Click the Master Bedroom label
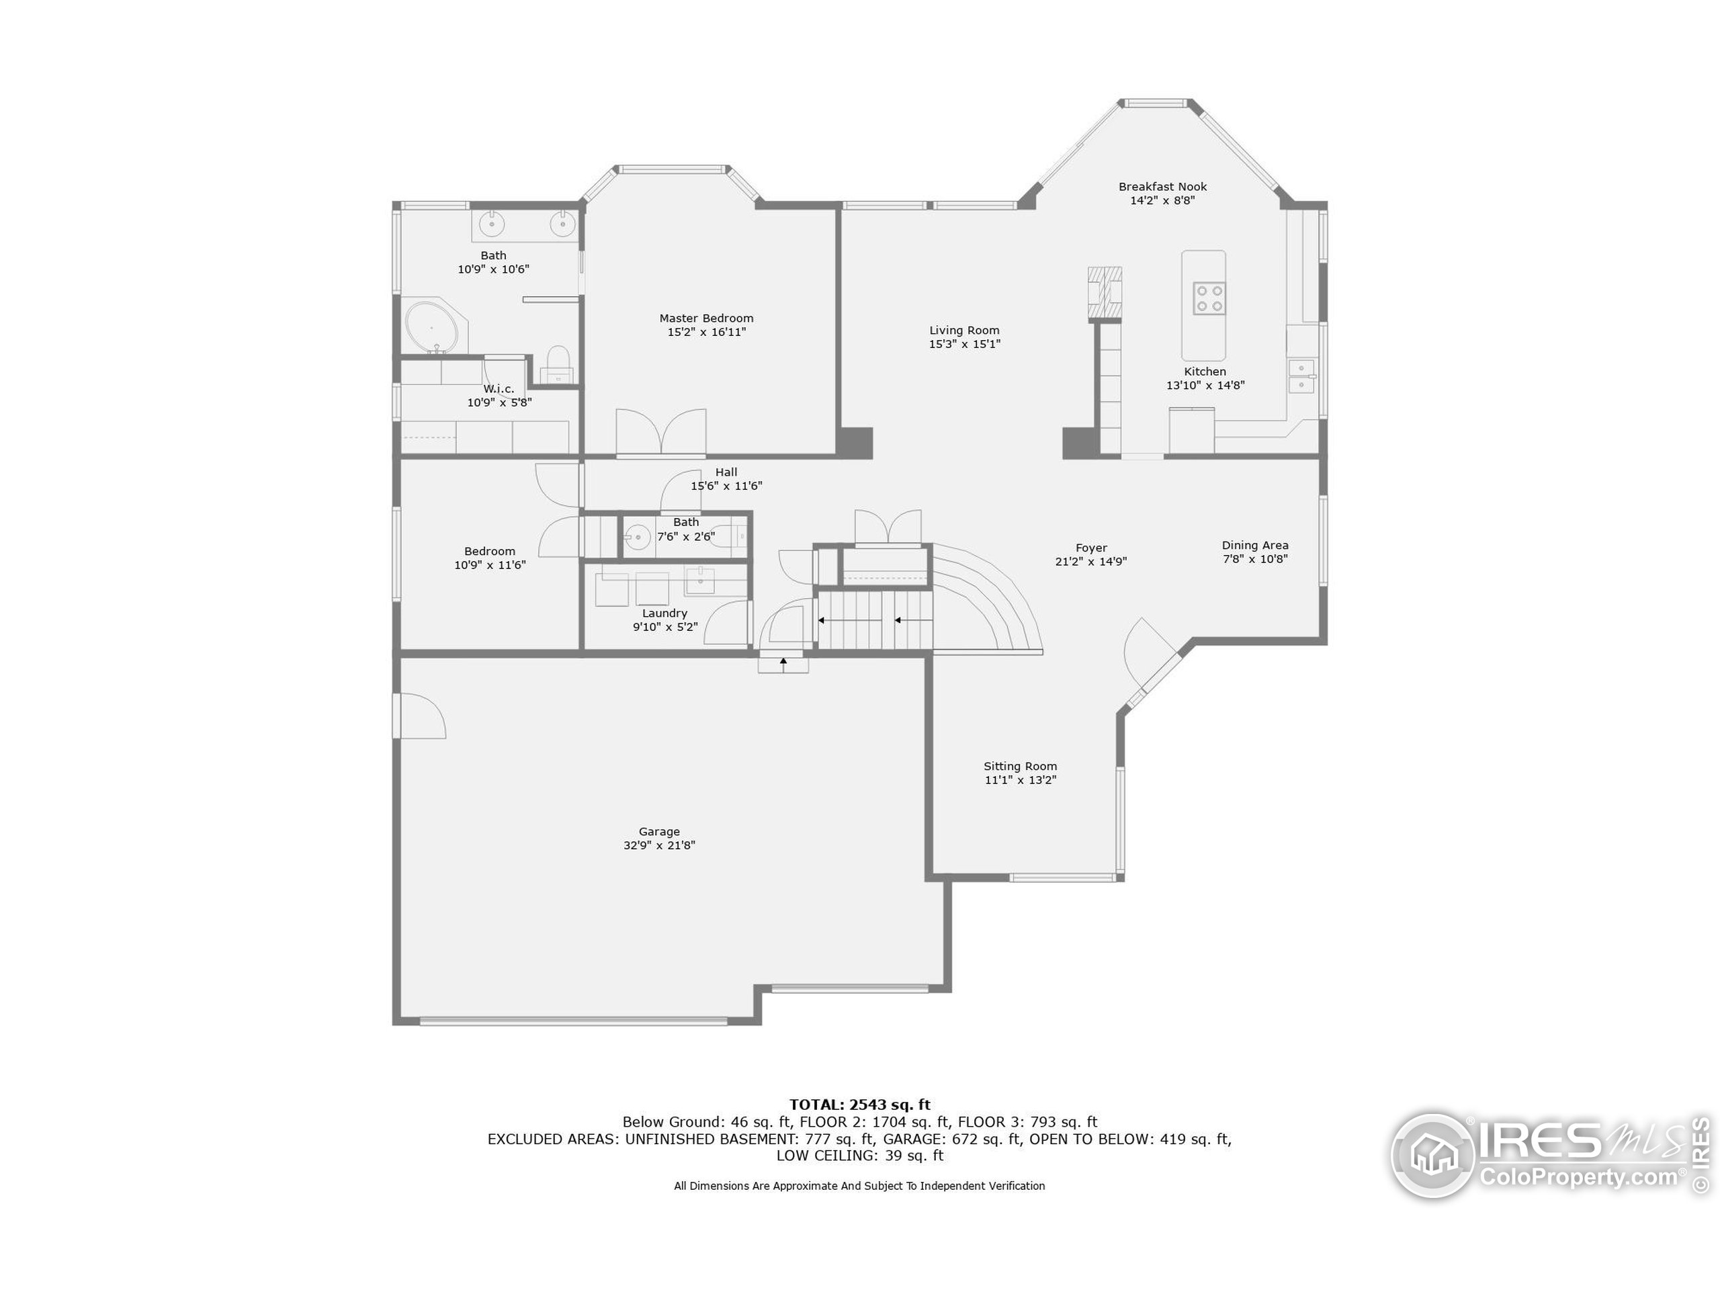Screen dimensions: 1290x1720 click(706, 318)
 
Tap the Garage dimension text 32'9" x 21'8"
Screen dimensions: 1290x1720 click(658, 845)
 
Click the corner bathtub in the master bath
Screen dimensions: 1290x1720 click(433, 327)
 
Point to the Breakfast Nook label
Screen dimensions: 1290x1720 click(1162, 187)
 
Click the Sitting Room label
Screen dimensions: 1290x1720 click(1020, 766)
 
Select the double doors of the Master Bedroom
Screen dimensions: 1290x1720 click(661, 432)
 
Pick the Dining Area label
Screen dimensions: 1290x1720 click(1254, 545)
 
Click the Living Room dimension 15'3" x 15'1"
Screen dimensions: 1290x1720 click(964, 344)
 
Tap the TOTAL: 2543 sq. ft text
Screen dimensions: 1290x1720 click(859, 1104)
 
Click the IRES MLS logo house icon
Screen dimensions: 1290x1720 click(1432, 1155)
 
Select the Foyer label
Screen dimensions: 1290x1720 click(1091, 548)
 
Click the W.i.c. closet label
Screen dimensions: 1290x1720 click(499, 389)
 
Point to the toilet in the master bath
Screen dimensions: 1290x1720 click(558, 364)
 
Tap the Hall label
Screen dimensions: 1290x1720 click(726, 472)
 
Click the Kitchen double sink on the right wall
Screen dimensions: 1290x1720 click(1301, 376)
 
